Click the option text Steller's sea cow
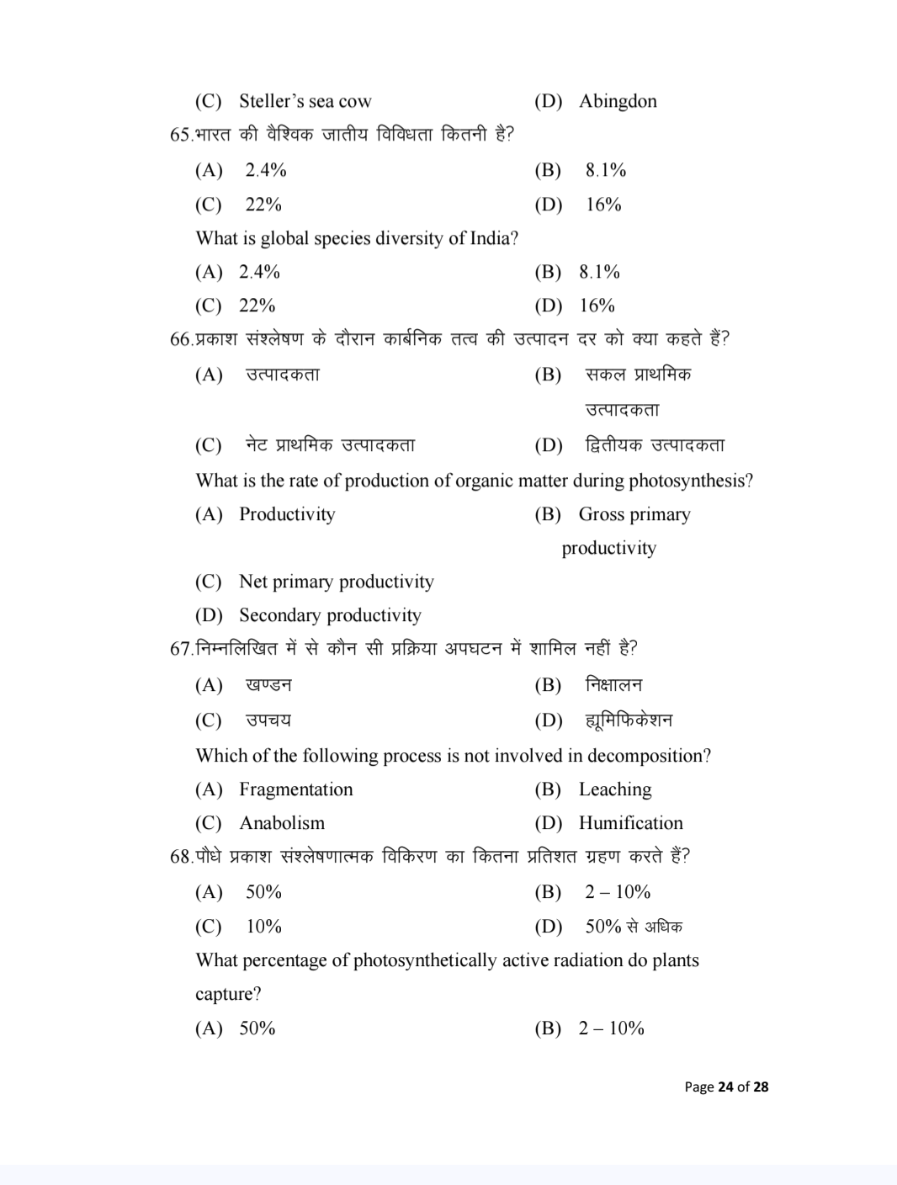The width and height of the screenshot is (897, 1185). pos(305,102)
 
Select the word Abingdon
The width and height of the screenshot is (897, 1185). pos(618,102)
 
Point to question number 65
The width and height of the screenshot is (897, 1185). pos(181,135)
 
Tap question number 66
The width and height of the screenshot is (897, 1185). pos(181,339)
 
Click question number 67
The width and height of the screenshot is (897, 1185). pos(181,649)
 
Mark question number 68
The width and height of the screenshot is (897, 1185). pos(181,857)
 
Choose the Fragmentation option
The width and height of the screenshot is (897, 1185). pos(295,789)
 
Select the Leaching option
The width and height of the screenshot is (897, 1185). pos(614,789)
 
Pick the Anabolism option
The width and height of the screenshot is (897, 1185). pos(281,823)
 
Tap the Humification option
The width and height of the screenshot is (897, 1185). pos(630,823)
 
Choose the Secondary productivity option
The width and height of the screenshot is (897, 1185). pos(330,615)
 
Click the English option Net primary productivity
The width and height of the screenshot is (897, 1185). pos(336,582)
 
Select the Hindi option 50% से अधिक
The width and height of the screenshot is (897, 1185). pos(634,927)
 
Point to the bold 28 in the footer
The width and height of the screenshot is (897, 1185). pos(760,1087)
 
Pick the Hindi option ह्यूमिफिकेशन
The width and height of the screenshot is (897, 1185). pos(629,720)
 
